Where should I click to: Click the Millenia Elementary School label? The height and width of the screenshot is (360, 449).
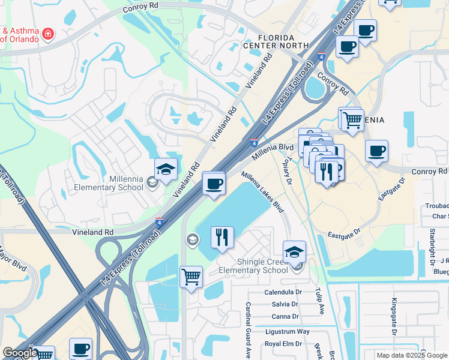tap(109, 183)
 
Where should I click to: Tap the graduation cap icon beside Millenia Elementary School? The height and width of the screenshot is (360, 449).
tap(166, 169)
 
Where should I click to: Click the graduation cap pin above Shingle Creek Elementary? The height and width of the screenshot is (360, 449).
tap(294, 251)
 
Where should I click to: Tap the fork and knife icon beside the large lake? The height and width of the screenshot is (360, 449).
tap(222, 238)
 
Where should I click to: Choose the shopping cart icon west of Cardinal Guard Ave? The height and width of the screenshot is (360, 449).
tap(191, 277)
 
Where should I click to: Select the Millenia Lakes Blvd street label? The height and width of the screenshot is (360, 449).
tap(263, 192)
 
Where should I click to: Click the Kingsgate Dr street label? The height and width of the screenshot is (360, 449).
tap(394, 316)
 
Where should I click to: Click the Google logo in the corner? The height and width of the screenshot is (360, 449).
tap(19, 353)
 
